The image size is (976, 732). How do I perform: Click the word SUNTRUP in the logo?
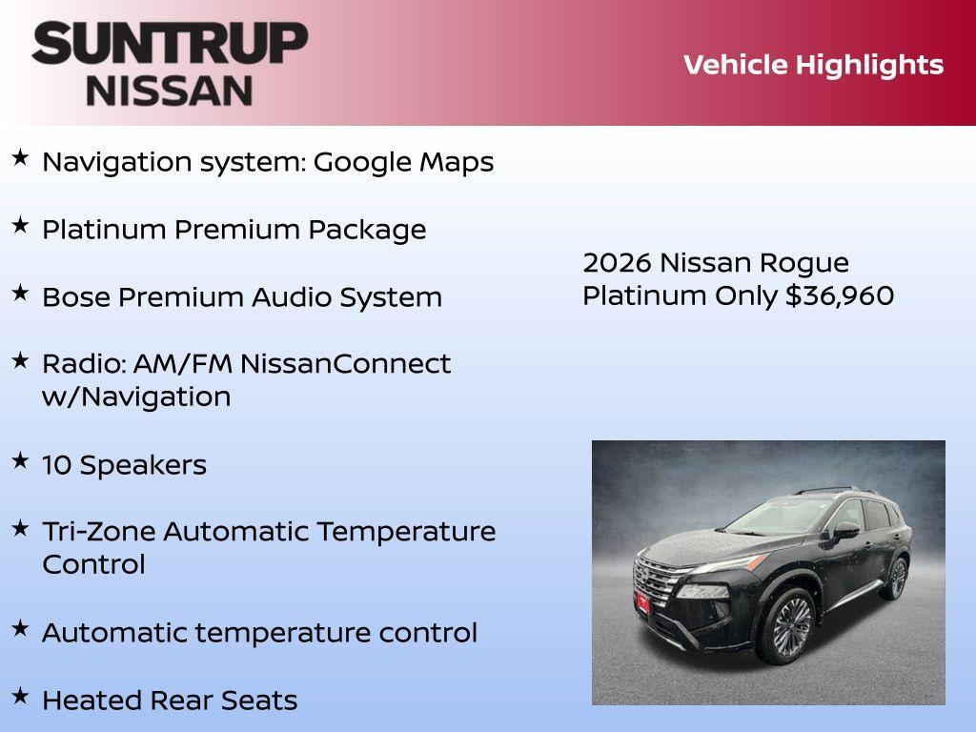pyautogui.click(x=170, y=45)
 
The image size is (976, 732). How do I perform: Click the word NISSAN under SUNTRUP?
pyautogui.click(x=170, y=90)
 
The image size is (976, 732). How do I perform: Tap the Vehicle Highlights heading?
pyautogui.click(x=813, y=65)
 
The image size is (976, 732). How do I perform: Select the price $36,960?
pyautogui.click(x=840, y=296)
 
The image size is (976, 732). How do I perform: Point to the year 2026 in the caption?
pyautogui.click(x=617, y=263)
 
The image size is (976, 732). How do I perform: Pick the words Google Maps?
pyautogui.click(x=403, y=162)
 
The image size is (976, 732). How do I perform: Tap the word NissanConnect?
pyautogui.click(x=345, y=364)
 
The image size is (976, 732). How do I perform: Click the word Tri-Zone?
pyautogui.click(x=98, y=532)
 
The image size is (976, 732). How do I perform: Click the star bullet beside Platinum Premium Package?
pyautogui.click(x=20, y=226)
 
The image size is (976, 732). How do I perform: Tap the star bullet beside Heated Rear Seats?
pyautogui.click(x=20, y=697)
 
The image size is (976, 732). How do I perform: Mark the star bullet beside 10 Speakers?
pyautogui.click(x=20, y=461)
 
